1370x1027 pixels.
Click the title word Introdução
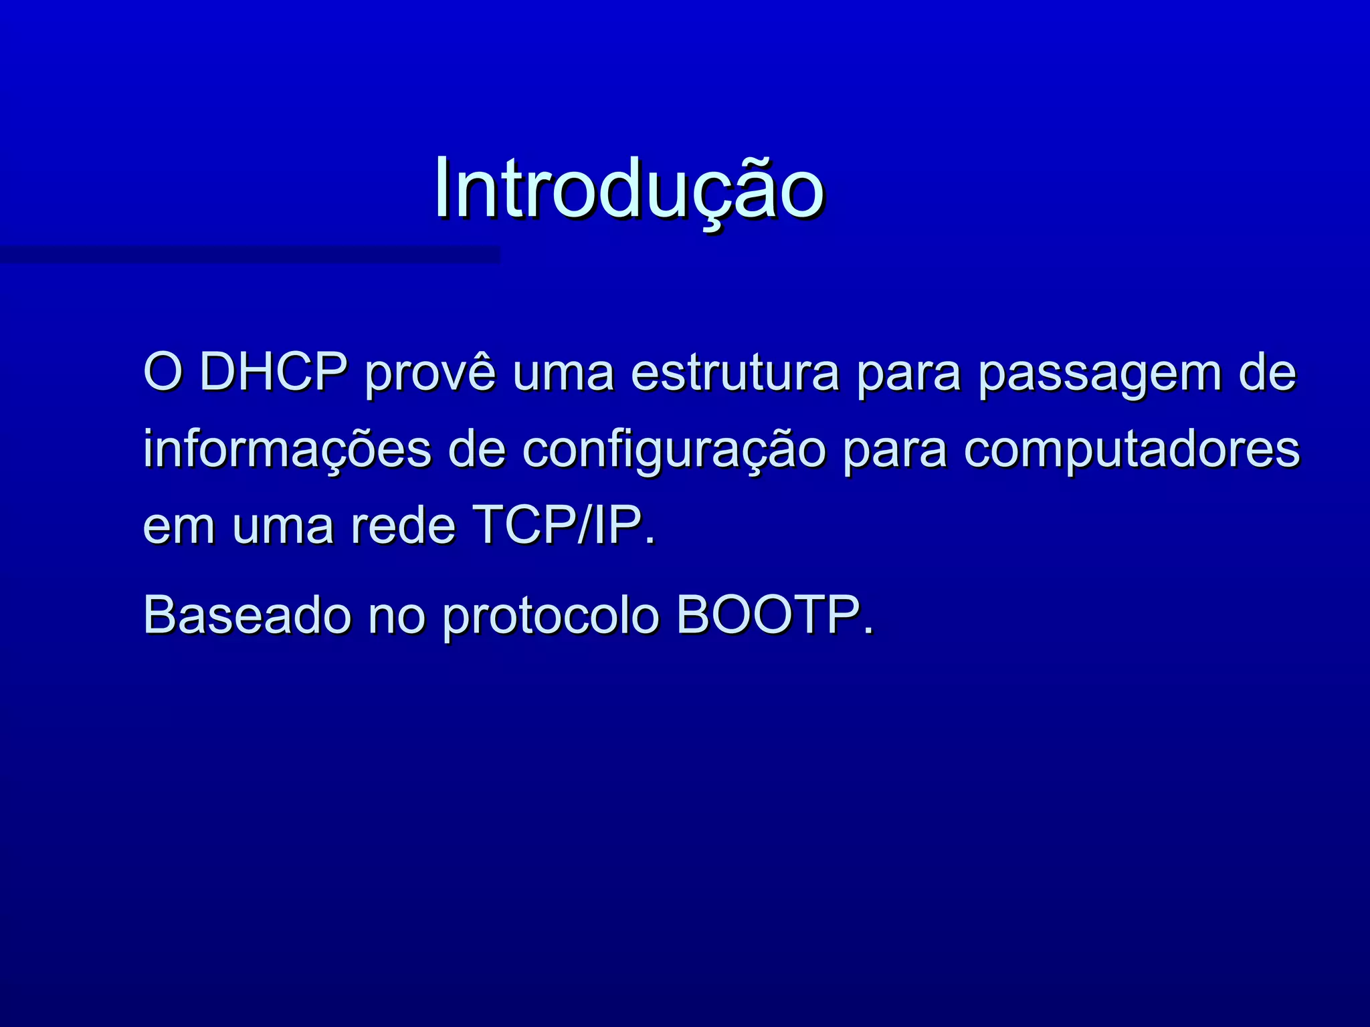click(x=629, y=189)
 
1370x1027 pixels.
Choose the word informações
click(x=288, y=449)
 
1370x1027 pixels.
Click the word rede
click(x=403, y=526)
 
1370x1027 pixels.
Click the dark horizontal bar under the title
click(x=249, y=254)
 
